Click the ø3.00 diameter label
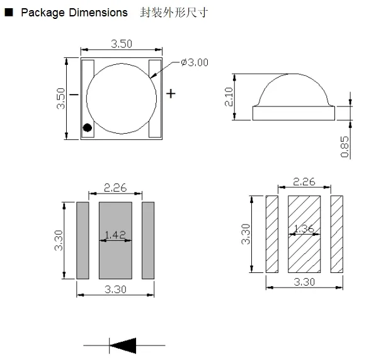point(195,62)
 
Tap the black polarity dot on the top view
point(88,128)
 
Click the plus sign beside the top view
point(171,93)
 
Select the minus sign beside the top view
point(73,95)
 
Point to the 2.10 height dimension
point(229,97)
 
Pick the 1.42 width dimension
point(115,235)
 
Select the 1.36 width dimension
point(304,229)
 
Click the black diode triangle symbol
point(123,345)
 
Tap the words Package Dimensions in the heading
point(74,13)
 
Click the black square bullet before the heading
point(9,13)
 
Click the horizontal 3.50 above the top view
point(122,44)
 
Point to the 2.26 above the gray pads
point(115,187)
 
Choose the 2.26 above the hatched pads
point(304,182)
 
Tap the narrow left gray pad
point(83,240)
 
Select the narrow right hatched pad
point(336,234)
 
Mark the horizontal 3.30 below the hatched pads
point(304,282)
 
